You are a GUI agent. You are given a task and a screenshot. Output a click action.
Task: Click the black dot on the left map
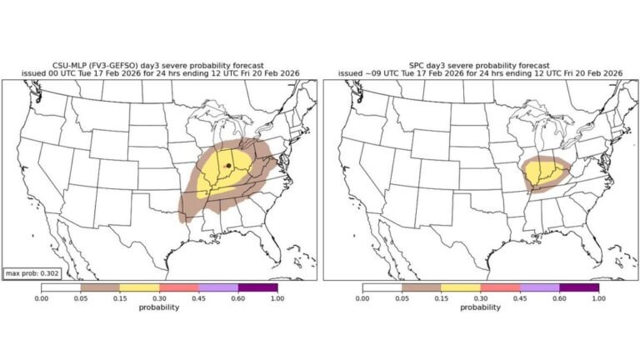228,166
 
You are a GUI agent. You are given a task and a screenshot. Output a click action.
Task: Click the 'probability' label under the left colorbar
159,307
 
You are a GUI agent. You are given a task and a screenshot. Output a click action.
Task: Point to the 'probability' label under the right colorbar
480,307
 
